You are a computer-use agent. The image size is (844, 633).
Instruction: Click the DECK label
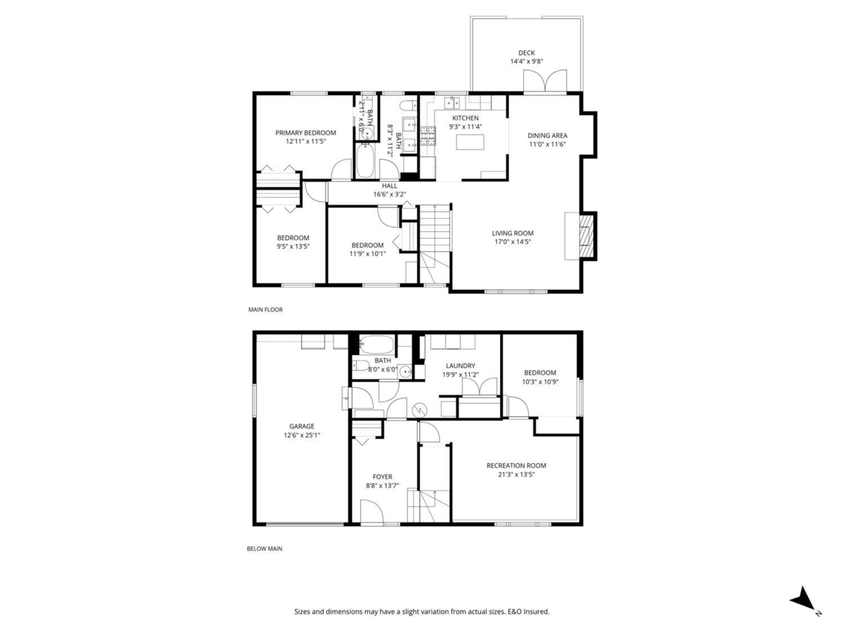pyautogui.click(x=527, y=53)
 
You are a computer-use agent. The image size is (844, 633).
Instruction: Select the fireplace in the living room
pyautogui.click(x=584, y=236)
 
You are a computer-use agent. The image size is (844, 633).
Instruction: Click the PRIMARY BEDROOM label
pyautogui.click(x=305, y=132)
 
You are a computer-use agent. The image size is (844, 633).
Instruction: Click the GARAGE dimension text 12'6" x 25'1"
pyautogui.click(x=302, y=435)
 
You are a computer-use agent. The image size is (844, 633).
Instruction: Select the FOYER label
pyautogui.click(x=382, y=477)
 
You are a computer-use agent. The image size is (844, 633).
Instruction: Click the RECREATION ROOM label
pyautogui.click(x=516, y=465)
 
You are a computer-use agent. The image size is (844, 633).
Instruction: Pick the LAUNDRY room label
pyautogui.click(x=460, y=366)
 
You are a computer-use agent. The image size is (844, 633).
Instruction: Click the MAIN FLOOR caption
pyautogui.click(x=265, y=309)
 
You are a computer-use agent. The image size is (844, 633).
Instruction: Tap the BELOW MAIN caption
pyautogui.click(x=264, y=549)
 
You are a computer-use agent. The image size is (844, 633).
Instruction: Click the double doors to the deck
pyautogui.click(x=545, y=82)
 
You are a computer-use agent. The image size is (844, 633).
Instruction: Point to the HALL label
pyautogui.click(x=390, y=186)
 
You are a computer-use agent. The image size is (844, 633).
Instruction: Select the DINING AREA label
pyautogui.click(x=547, y=136)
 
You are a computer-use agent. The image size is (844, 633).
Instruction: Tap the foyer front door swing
pyautogui.click(x=371, y=511)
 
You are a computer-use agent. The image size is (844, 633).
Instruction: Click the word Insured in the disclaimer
pyautogui.click(x=534, y=612)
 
